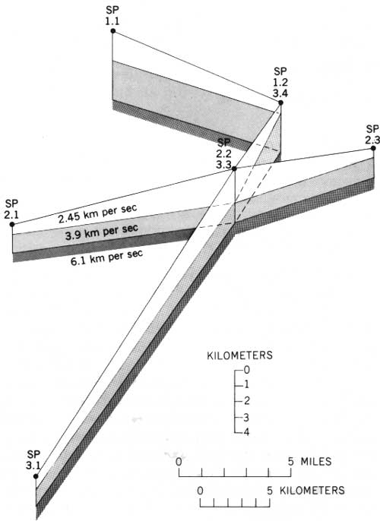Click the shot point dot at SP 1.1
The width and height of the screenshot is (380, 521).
coord(113,31)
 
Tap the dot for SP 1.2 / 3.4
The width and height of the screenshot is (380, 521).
coord(280,103)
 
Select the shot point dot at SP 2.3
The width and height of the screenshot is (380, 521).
coord(373,148)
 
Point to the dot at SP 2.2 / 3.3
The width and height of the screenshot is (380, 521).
coord(234,169)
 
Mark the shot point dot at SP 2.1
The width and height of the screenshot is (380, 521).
coord(12,224)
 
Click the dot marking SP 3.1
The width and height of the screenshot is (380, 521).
coord(36,476)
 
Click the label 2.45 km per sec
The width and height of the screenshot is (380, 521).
coord(97,213)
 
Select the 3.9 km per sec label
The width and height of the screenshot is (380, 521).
coord(102,232)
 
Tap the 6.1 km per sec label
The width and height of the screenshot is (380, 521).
coord(107,257)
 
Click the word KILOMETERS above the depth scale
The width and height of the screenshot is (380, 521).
coord(239,355)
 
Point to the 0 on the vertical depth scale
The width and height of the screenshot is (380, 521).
coord(246,370)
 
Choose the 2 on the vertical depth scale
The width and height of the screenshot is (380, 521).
coord(246,400)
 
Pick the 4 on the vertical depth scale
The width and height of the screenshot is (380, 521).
coord(247,432)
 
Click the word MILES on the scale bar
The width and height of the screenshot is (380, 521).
coord(316,461)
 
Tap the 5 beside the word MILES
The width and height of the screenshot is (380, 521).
coord(291,462)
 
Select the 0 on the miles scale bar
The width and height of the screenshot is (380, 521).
coord(179,462)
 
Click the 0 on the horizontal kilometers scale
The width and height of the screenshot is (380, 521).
coord(200,491)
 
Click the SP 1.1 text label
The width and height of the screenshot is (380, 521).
coord(112,16)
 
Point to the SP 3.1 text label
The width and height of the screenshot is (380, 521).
coord(33,459)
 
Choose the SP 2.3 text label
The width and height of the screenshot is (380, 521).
coord(372,134)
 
